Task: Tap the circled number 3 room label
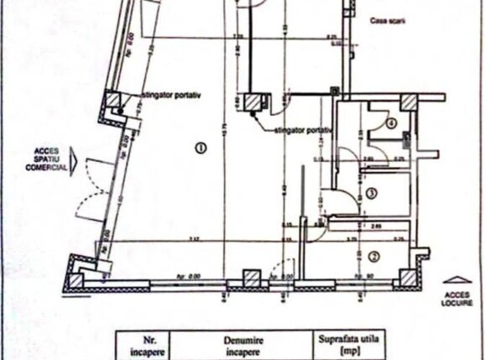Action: (372, 194)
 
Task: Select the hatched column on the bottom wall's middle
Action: (251, 278)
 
